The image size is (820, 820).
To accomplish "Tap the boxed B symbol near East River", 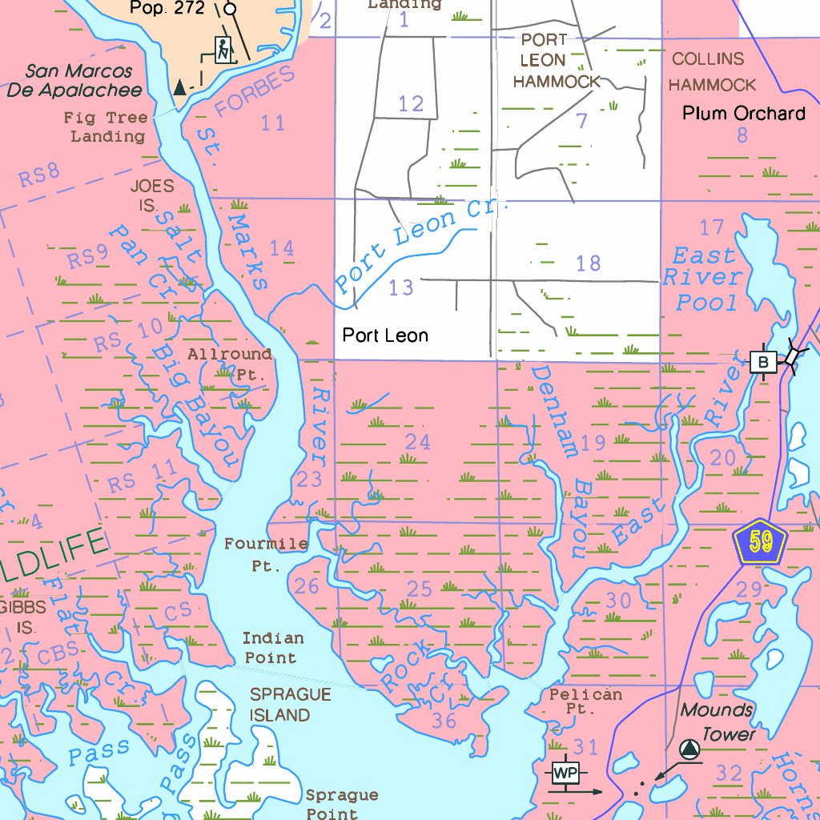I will (762, 363).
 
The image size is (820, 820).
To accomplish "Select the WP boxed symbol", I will (565, 774).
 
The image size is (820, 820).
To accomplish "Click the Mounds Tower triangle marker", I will (689, 750).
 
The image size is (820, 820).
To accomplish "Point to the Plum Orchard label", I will (743, 114).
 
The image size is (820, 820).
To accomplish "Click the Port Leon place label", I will (385, 336).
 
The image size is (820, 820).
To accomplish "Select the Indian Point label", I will (272, 648).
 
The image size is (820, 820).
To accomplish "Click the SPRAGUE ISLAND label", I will (279, 705).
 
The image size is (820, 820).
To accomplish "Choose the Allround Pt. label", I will (230, 364).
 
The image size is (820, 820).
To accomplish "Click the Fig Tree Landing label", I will (107, 127).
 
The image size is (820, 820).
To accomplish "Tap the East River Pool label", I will (702, 279).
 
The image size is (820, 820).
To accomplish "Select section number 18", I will (588, 263).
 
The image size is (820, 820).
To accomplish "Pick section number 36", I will (444, 721).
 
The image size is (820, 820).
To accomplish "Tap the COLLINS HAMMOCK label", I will (711, 72).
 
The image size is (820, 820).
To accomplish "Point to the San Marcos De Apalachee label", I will (74, 81).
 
